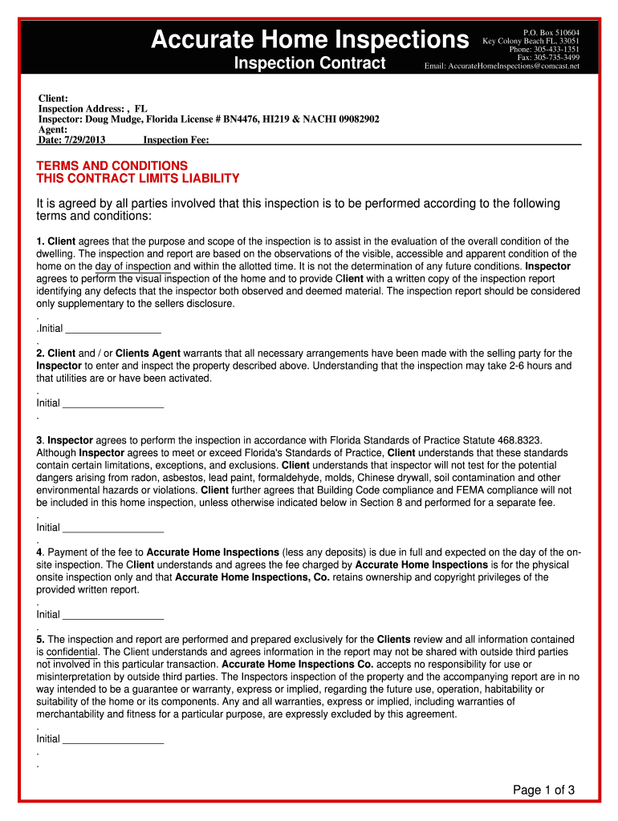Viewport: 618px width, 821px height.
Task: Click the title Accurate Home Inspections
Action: pos(310,38)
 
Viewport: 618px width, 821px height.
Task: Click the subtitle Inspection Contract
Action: pos(309,63)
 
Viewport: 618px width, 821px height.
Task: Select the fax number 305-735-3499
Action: pos(558,58)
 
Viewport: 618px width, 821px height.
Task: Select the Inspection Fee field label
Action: pos(176,140)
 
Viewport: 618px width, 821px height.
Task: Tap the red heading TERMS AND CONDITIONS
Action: pos(112,165)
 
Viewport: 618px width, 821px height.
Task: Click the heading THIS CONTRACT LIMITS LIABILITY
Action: pos(138,178)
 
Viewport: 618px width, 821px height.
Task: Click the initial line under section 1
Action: pos(112,330)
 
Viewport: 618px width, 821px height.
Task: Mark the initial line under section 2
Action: pos(112,404)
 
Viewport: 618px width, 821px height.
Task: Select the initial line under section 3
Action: pos(112,528)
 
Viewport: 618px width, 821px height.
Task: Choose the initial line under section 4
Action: pos(112,615)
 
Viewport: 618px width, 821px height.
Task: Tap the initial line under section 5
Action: pos(112,739)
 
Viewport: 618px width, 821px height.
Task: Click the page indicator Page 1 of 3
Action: pos(543,791)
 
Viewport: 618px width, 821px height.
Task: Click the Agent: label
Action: pos(53,129)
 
